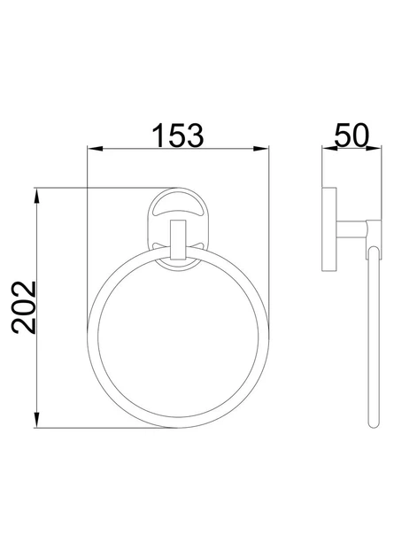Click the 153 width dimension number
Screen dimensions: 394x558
178,136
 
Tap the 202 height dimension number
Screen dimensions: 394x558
24,308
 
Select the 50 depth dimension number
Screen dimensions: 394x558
352,136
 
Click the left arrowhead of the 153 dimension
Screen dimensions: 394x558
95,149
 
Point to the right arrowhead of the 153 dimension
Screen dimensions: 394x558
261,149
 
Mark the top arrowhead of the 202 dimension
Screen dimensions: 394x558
36,195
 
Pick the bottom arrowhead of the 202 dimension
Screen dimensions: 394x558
36,420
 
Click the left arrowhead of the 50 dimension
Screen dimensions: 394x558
329,149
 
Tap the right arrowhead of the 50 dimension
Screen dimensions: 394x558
374,149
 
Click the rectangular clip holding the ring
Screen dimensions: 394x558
178,240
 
